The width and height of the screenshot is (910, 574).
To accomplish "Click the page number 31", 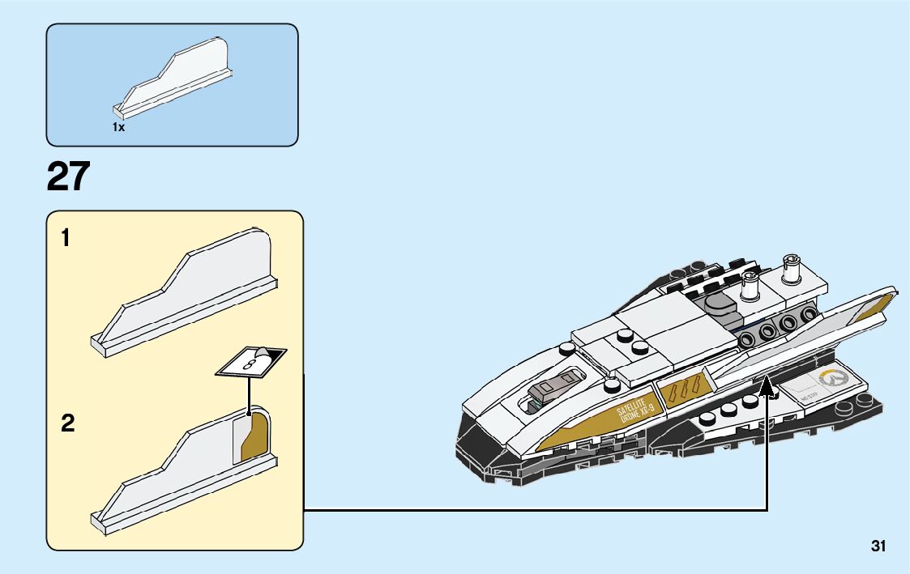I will click(878, 546).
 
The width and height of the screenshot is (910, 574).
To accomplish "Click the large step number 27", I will click(68, 176).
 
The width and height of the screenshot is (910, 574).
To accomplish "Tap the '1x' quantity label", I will click(118, 128).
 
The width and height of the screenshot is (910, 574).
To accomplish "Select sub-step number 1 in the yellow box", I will click(66, 239).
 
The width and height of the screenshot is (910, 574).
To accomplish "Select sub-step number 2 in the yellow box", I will click(67, 423).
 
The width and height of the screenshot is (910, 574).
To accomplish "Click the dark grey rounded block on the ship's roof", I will click(720, 305).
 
